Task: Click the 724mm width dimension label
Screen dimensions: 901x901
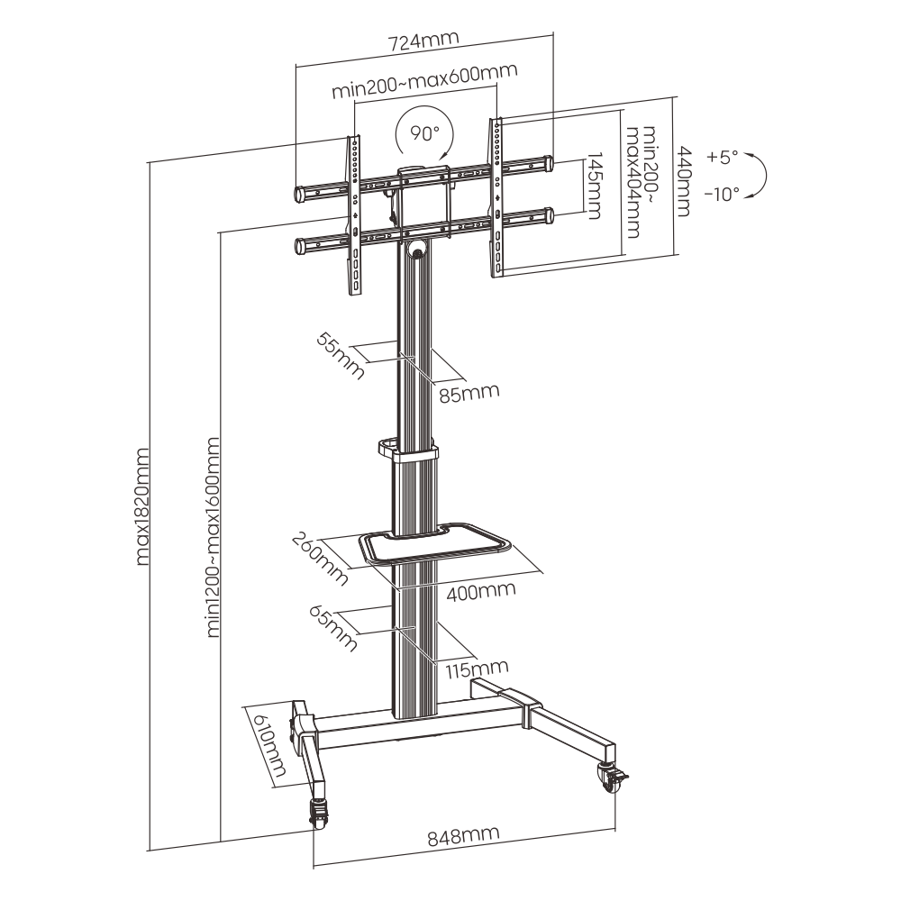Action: [424, 41]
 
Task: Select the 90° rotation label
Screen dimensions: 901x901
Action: [424, 133]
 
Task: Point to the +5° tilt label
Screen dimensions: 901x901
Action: [723, 157]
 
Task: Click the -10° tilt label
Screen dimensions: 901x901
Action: [722, 195]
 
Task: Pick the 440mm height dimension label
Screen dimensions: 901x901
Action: [684, 182]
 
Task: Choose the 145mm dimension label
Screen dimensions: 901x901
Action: [594, 187]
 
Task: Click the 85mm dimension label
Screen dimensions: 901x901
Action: [469, 394]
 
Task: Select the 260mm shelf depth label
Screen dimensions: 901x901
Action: [320, 560]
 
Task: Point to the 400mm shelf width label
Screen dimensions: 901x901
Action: [481, 591]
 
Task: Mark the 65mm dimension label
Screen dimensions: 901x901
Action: [333, 628]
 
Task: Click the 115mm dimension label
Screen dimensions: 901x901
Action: [477, 669]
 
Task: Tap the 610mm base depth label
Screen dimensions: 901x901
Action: [270, 745]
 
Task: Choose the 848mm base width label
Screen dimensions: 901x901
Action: [463, 836]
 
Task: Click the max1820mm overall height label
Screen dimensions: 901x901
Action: [142, 506]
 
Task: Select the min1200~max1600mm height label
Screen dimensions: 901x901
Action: [213, 537]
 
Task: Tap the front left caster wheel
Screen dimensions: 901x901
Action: [318, 813]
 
